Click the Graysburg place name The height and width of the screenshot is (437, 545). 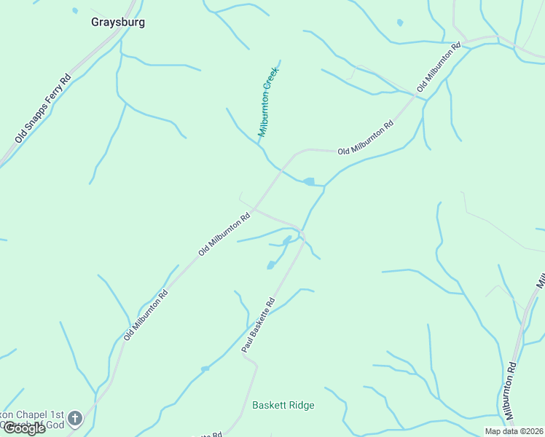[x=118, y=22]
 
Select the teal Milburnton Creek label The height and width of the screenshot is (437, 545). [x=269, y=102]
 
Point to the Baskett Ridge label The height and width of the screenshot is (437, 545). [x=283, y=405]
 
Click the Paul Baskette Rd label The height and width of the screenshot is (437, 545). [x=258, y=326]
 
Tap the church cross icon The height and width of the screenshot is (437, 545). [x=75, y=418]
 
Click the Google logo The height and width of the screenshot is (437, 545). [x=24, y=428]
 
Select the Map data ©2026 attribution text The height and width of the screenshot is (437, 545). [x=514, y=431]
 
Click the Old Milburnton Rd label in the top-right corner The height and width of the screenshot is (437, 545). [x=439, y=67]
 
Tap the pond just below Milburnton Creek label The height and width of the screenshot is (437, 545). [x=308, y=181]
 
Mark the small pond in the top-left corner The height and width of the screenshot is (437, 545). [x=75, y=11]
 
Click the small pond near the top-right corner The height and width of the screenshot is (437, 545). [x=399, y=23]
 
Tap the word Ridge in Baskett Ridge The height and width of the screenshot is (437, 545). [x=300, y=405]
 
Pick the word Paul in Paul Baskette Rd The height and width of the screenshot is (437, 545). [x=247, y=346]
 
